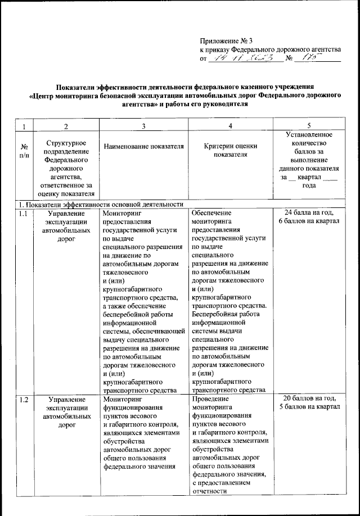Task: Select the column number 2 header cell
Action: [66, 125]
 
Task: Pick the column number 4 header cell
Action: [230, 125]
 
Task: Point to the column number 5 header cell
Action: [308, 125]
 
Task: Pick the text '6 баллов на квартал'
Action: [309, 222]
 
